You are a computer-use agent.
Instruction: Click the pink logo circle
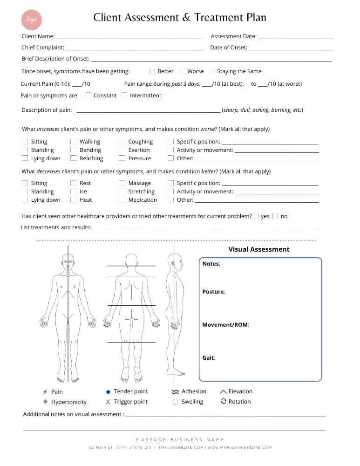pos(32,20)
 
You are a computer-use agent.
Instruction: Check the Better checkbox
pos(152,71)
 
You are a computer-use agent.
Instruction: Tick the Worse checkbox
pos(182,71)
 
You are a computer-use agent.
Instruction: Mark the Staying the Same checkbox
pos(212,71)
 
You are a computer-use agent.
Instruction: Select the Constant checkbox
pos(88,96)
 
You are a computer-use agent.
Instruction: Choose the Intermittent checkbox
pos(124,96)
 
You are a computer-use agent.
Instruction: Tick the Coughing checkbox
pos(122,142)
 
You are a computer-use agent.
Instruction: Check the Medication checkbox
pos(122,200)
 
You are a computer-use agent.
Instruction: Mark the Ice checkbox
pos(73,192)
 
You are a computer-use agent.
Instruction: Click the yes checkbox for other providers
pos(256,216)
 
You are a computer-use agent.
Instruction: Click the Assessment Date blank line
pos(295,37)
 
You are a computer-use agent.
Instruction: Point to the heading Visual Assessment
pos(258,249)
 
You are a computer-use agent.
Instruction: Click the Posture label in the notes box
pos(213,292)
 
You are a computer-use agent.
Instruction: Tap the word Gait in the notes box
pos(208,358)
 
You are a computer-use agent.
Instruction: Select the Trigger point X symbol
pos(108,402)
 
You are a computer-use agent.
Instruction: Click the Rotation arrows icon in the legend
pos(224,401)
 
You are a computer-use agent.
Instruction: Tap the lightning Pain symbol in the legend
pos(45,392)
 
